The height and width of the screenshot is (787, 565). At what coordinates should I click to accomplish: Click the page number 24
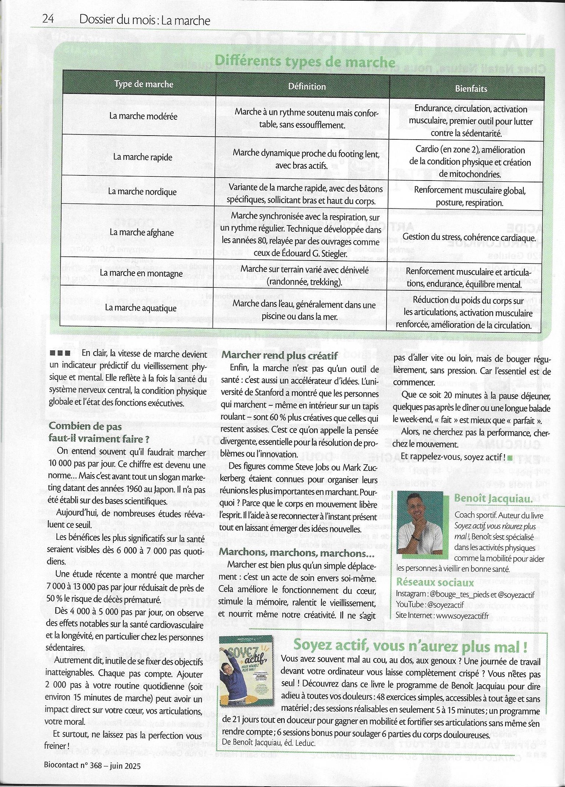pyautogui.click(x=48, y=19)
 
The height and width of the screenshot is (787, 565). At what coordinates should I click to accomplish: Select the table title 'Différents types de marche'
pyautogui.click(x=305, y=61)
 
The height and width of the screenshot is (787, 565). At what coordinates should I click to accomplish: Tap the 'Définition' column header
pyautogui.click(x=307, y=87)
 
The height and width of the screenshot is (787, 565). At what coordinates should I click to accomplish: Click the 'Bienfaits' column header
pyautogui.click(x=471, y=88)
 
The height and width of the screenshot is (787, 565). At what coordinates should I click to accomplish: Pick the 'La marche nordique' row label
pyautogui.click(x=142, y=192)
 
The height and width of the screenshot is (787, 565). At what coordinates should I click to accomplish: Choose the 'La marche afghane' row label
pyautogui.click(x=141, y=232)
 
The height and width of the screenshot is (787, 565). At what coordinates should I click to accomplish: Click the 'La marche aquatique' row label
pyautogui.click(x=141, y=308)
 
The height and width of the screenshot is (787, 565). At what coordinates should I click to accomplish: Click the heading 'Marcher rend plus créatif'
pyautogui.click(x=280, y=355)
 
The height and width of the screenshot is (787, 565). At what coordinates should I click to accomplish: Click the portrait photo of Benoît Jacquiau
pyautogui.click(x=420, y=522)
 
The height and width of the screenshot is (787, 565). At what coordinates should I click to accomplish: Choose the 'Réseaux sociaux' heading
pyautogui.click(x=435, y=583)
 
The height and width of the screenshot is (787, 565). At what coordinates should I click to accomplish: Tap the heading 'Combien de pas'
pyautogui.click(x=85, y=426)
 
